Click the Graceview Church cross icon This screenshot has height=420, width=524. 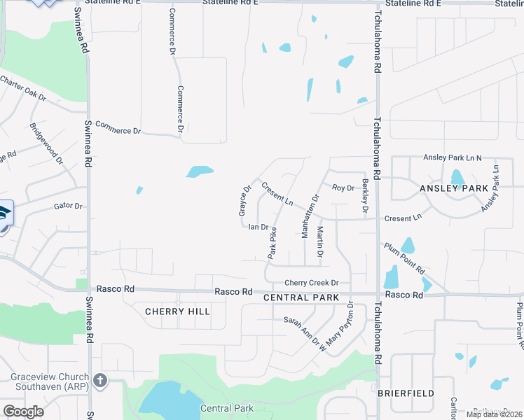coord(100,381)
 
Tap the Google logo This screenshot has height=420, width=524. coord(23,411)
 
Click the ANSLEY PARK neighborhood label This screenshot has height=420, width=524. coord(453,188)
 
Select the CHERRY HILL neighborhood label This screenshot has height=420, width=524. coord(177,311)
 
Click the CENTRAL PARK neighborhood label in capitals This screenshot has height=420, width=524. coord(301,297)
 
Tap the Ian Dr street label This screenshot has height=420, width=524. coord(258,227)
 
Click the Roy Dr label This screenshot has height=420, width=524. coord(343,188)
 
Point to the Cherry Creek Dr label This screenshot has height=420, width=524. coord(311,283)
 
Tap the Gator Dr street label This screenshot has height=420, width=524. coord(68,206)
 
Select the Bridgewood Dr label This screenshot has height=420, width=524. coord(46,145)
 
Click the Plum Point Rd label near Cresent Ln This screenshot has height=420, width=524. coord(404,258)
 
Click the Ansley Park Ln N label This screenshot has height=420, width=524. coord(453,158)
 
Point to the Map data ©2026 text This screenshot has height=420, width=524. coord(494,414)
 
